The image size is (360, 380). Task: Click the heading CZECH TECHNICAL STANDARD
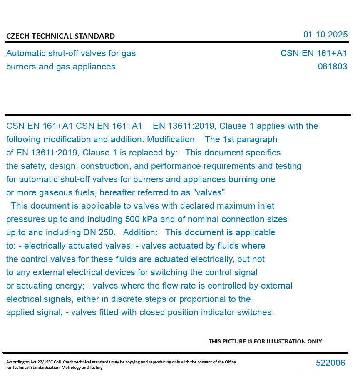pos(60,36)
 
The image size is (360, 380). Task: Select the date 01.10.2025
pos(325,35)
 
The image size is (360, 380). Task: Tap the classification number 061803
pos(332,67)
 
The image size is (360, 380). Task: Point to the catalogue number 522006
pos(330,363)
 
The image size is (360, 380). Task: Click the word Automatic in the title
pos(26,53)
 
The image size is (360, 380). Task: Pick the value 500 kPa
pos(142,219)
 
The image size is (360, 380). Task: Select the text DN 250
pos(100,232)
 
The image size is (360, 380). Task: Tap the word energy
pos(71,286)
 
